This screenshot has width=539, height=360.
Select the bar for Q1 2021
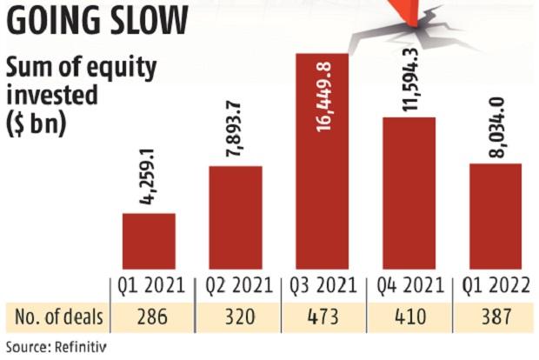tap(149, 241)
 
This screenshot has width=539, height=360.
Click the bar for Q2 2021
tap(236, 217)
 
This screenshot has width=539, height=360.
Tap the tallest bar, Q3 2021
tap(323, 200)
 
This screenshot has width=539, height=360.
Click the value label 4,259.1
tap(149, 179)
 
